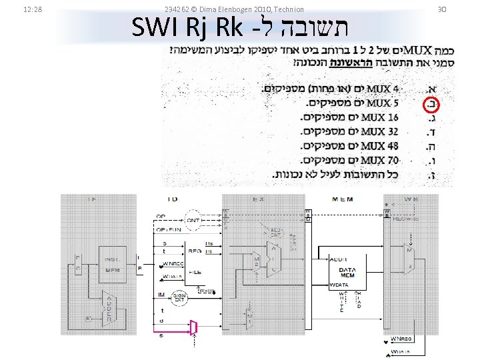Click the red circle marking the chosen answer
click(x=432, y=103)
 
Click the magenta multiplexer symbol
click(x=194, y=327)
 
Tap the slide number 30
click(x=459, y=9)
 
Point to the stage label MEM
click(x=343, y=199)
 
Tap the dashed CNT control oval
click(x=193, y=220)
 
